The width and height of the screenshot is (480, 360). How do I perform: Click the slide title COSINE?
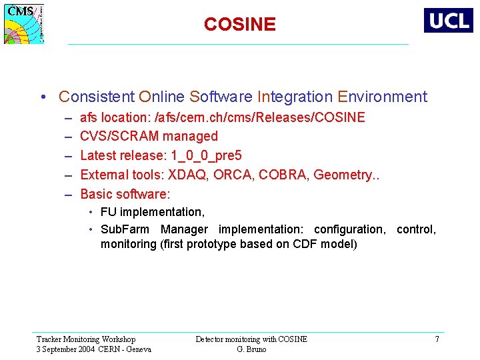click(x=239, y=25)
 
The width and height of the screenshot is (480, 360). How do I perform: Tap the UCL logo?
click(x=448, y=20)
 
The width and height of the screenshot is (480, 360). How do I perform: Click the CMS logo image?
click(x=25, y=24)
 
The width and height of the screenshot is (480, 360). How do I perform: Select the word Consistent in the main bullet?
click(x=97, y=97)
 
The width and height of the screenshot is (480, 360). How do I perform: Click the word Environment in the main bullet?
click(x=382, y=97)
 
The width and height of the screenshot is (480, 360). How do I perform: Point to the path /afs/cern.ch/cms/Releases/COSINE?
click(x=259, y=118)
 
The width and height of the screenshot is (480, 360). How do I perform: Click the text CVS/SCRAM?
click(x=119, y=137)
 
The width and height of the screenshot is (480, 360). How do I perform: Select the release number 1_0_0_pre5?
click(x=207, y=156)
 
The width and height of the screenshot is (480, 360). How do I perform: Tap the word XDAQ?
click(x=187, y=175)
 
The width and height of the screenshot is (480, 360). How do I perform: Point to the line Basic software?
click(x=125, y=194)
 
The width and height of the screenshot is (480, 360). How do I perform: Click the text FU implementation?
click(x=153, y=212)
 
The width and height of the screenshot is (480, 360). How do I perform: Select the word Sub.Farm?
click(x=125, y=229)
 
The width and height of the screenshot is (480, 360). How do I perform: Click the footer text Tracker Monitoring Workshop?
click(x=85, y=339)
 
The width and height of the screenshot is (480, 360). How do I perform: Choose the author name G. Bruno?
click(x=251, y=349)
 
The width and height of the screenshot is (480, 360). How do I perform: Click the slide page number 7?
click(x=437, y=339)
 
